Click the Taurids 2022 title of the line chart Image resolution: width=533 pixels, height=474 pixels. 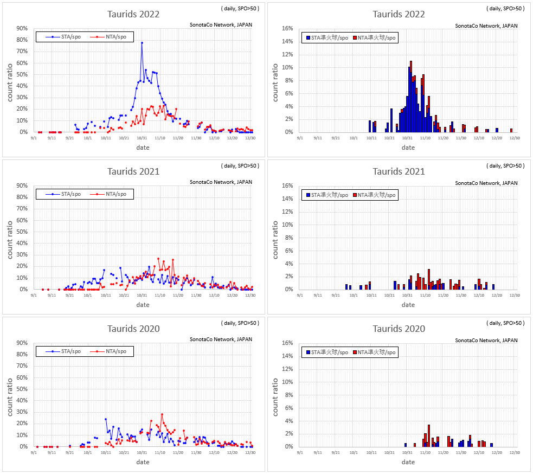133,14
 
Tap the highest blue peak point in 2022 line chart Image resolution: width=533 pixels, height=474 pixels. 142,42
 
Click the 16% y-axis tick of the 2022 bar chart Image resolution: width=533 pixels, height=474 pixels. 287,29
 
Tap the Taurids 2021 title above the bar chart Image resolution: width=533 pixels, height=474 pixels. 399,171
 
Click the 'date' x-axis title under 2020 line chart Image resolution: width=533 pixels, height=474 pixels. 143,462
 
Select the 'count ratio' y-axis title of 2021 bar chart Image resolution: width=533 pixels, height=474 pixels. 275,238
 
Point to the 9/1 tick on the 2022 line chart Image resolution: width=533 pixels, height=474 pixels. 34,138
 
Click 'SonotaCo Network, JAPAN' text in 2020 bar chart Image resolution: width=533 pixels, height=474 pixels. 486,340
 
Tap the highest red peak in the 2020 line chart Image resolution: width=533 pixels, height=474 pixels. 162,414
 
